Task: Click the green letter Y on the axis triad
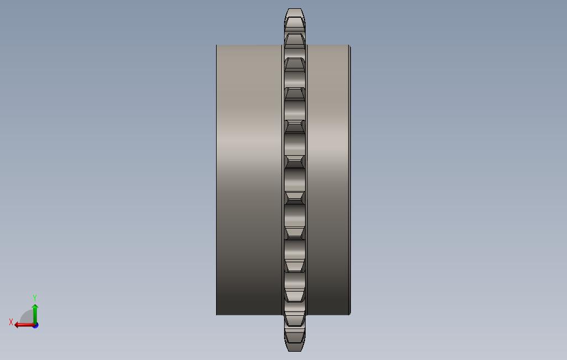tap(35, 298)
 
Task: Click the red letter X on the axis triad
tap(11, 322)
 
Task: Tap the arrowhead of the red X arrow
tap(17, 325)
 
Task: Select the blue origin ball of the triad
tap(35, 325)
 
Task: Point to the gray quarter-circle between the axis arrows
tap(27, 317)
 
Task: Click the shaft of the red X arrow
tap(25, 325)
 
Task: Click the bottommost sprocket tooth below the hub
tap(295, 341)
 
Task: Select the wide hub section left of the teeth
tap(249, 179)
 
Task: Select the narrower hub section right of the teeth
tap(327, 179)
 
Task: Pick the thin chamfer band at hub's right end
tap(350, 179)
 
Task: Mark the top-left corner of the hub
tap(216, 45)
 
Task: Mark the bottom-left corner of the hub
tap(216, 315)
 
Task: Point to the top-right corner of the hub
tap(350, 45)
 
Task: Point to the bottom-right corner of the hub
tap(350, 315)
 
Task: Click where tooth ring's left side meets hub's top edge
tap(282, 45)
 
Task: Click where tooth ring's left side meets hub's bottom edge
tap(282, 315)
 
